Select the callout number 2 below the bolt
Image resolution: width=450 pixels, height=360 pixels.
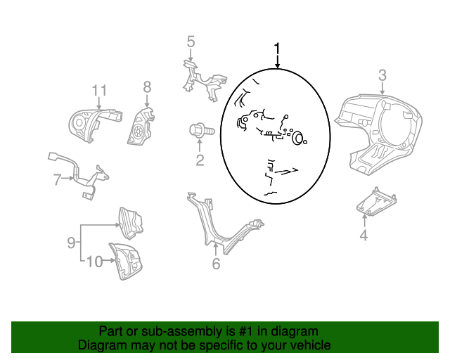[200, 160]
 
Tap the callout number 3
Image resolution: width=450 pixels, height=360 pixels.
[382, 75]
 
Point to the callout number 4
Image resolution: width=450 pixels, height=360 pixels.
[364, 235]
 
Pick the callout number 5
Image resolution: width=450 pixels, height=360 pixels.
[191, 41]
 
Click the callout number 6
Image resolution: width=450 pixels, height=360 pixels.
[216, 264]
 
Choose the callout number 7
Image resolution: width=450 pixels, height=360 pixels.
[58, 180]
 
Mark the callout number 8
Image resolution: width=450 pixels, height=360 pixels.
[147, 86]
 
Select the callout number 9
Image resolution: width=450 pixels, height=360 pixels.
[71, 243]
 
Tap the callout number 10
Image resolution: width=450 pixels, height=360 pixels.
[94, 262]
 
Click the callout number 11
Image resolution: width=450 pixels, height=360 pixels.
[99, 91]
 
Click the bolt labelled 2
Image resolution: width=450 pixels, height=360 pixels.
[202, 131]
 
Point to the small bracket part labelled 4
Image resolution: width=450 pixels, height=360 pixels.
[376, 202]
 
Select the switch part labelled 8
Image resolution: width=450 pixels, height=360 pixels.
[141, 127]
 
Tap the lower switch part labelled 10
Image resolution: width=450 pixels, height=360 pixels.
[125, 262]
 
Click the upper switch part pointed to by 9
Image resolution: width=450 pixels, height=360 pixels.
[131, 223]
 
